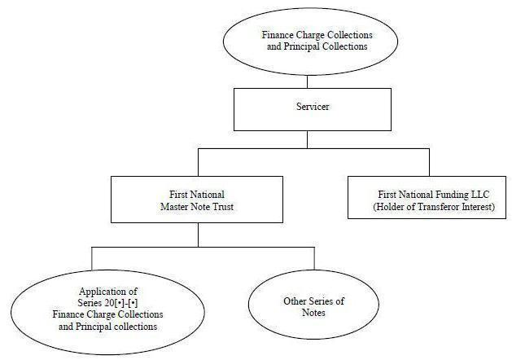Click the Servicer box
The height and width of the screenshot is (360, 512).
pyautogui.click(x=313, y=109)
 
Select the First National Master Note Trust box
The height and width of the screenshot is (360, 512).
pyautogui.click(x=197, y=200)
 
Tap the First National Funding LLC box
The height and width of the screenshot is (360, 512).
pyautogui.click(x=427, y=197)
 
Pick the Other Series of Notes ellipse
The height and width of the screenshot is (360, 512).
pyautogui.click(x=314, y=305)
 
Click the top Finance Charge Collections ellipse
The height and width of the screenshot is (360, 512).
pyautogui.click(x=310, y=42)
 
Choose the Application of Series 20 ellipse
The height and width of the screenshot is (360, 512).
pyautogui.click(x=107, y=312)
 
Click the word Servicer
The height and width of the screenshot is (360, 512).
pyautogui.click(x=313, y=107)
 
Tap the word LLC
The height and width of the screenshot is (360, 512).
pyautogui.click(x=480, y=195)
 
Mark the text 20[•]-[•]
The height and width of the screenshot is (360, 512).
pyautogui.click(x=121, y=303)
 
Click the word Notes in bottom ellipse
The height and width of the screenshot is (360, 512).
pyautogui.click(x=314, y=313)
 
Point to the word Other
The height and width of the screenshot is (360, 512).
pyautogui.click(x=295, y=301)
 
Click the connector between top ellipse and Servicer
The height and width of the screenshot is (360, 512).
pyautogui.click(x=307, y=81)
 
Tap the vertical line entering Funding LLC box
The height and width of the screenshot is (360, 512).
pyautogui.click(x=429, y=162)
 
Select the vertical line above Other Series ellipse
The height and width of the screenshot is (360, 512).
pyautogui.click(x=314, y=258)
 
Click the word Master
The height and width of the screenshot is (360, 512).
pyautogui.click(x=175, y=207)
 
